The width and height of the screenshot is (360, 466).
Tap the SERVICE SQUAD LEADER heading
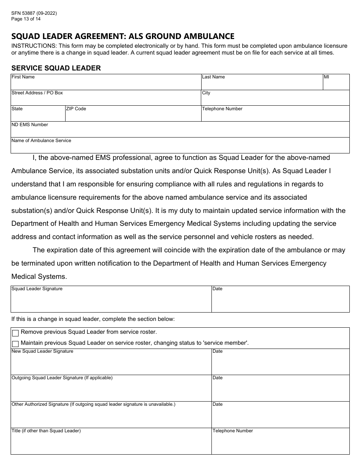[56, 68]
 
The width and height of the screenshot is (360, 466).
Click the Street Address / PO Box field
[106, 100]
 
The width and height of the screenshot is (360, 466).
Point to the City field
[275, 100]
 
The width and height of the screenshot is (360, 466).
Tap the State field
[38, 116]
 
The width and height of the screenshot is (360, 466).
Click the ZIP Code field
[133, 116]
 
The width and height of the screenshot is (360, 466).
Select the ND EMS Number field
[180, 131]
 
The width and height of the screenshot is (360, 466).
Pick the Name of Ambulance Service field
[180, 147]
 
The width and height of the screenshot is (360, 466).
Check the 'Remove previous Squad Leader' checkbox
[16, 333]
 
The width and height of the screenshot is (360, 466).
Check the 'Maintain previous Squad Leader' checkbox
[16, 344]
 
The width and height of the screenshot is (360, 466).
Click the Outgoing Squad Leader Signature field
[111, 390]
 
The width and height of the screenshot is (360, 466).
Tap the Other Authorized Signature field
[111, 417]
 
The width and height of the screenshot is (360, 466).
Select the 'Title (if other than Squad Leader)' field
[111, 443]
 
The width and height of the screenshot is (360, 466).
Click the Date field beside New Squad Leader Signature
[280, 364]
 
